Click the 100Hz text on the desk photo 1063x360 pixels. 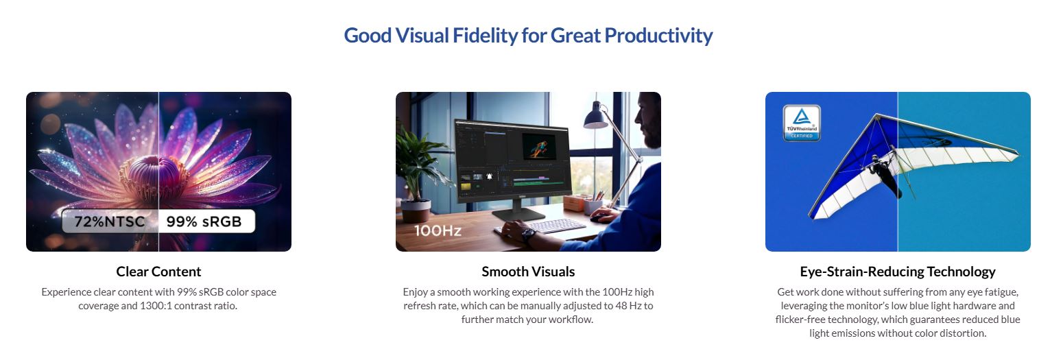pos(438,230)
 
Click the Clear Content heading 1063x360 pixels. pos(158,272)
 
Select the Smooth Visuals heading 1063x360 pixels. pos(528,272)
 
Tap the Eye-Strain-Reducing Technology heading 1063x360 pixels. pos(897,272)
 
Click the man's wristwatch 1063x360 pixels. pos(527,235)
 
